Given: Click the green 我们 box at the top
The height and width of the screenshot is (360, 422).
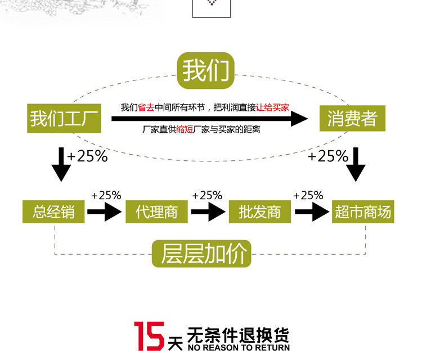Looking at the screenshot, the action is (x=206, y=71).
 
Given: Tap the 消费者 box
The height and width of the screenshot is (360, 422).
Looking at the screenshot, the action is (x=352, y=119).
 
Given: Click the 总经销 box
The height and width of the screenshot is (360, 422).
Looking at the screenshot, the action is (x=53, y=212).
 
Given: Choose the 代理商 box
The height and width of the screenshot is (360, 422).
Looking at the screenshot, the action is (x=157, y=212).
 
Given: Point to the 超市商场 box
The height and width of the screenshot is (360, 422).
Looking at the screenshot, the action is (x=362, y=212).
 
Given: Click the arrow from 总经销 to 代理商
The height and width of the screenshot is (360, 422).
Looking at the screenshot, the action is (x=105, y=212).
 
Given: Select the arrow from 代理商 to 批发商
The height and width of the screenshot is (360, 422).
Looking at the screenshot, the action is (x=208, y=212).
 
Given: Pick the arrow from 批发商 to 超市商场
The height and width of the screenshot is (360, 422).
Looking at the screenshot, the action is (x=311, y=212).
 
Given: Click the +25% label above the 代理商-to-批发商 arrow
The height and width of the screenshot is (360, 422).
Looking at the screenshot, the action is (x=207, y=196).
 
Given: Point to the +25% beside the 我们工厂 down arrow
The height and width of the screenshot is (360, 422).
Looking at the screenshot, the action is (x=87, y=156).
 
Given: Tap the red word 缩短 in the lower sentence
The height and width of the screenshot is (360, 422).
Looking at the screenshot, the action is (x=184, y=130).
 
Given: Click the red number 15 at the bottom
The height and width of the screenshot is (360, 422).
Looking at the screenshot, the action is (x=149, y=336).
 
